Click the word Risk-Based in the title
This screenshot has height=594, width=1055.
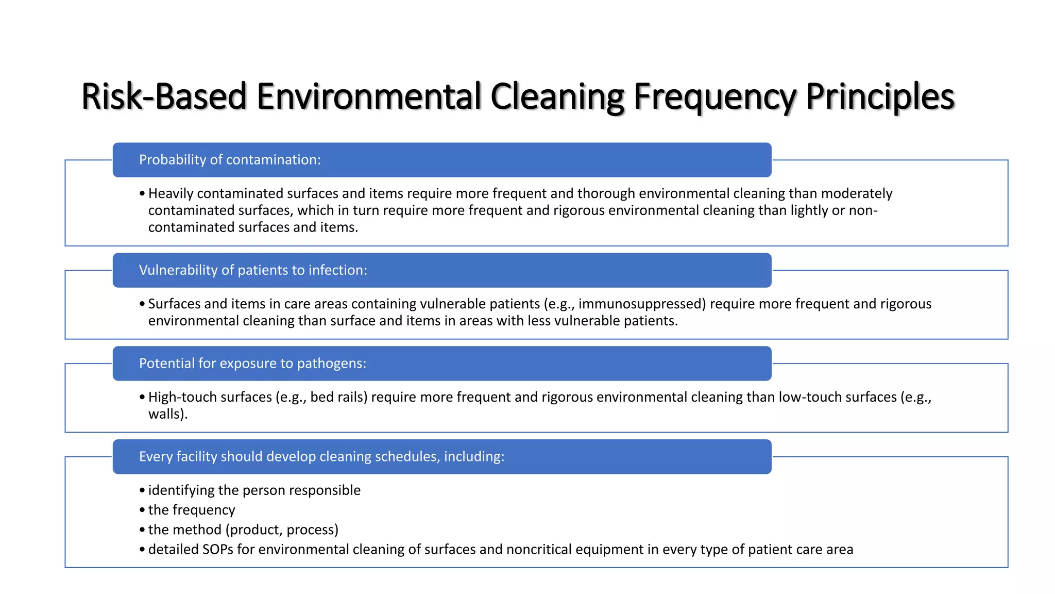tap(164, 96)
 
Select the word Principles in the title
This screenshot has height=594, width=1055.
tap(880, 96)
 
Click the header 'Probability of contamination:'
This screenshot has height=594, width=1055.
tap(230, 160)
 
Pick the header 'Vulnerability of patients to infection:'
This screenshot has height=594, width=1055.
tap(253, 270)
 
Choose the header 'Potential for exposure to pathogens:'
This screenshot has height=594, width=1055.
tap(252, 364)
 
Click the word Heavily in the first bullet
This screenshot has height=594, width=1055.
tap(171, 193)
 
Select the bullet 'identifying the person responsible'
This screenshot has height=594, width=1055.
tap(254, 490)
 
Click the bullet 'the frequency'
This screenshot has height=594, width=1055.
tap(192, 510)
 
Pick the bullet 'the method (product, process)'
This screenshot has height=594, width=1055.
tap(243, 530)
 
